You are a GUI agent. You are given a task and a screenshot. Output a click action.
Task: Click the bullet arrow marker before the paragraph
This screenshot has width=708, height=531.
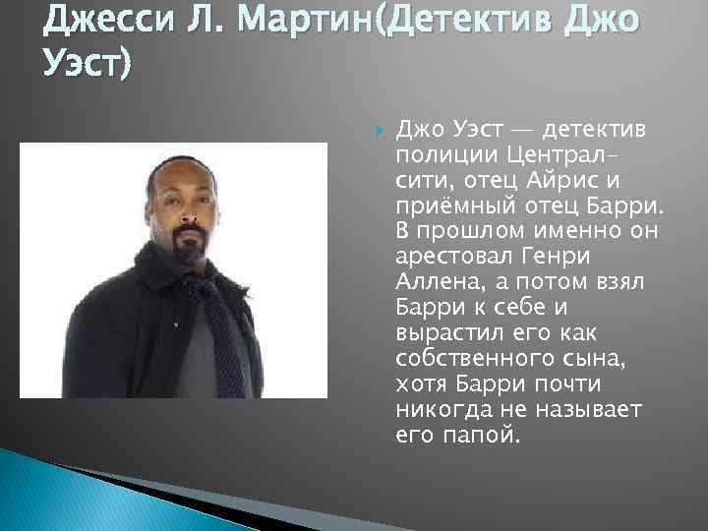point(379,130)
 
